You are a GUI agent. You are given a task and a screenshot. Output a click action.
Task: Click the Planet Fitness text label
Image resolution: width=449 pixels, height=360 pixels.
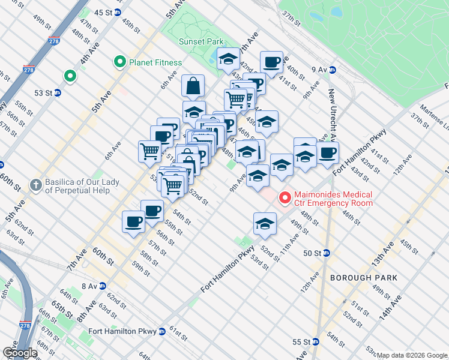click(154, 62)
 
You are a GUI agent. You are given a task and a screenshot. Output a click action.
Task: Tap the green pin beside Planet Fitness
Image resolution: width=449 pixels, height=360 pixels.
click(119, 62)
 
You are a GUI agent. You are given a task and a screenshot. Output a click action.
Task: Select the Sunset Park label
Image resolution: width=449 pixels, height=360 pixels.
click(200, 41)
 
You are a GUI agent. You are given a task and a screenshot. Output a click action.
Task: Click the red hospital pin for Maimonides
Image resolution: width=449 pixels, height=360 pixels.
click(284, 197)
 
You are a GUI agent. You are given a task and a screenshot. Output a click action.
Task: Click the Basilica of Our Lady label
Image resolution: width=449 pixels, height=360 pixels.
click(81, 186)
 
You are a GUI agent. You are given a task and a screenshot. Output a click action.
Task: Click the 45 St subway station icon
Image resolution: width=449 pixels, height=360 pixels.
click(118, 12)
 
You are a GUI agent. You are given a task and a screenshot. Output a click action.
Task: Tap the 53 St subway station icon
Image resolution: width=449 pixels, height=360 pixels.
click(58, 92)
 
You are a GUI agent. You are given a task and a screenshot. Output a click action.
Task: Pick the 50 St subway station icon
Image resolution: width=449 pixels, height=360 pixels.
click(326, 253)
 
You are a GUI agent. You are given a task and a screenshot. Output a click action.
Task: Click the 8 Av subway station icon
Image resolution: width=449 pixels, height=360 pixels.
click(103, 286)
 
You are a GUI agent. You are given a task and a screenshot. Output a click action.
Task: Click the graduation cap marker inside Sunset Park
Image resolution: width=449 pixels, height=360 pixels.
click(228, 59)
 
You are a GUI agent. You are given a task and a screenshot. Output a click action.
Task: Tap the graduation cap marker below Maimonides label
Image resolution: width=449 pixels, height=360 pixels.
click(265, 224)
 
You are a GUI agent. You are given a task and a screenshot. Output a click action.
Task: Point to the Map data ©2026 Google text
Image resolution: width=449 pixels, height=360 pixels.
click(412, 355)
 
